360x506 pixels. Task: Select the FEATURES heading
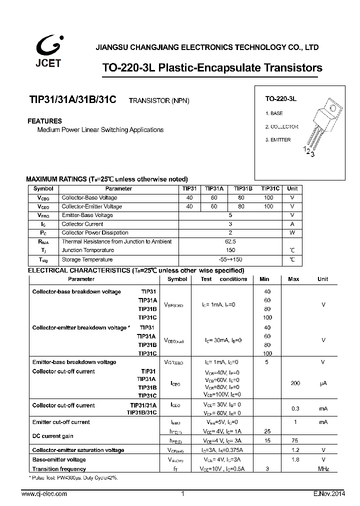[x=45, y=121]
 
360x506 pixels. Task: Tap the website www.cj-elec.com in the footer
[x=44, y=494]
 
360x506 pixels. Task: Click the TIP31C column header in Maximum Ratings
[x=270, y=188]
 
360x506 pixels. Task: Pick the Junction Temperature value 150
[x=230, y=250]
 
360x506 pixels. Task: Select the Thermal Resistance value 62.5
[x=230, y=241]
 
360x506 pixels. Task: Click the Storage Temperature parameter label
[x=87, y=259]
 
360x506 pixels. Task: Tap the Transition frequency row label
[x=59, y=469]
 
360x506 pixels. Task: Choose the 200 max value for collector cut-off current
[x=295, y=383]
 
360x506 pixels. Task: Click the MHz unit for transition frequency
[x=323, y=469]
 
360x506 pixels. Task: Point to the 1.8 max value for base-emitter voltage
[x=295, y=459]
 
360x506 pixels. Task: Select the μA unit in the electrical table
[x=323, y=383]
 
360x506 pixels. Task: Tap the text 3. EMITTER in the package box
[x=277, y=140]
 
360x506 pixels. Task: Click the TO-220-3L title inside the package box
[x=281, y=99]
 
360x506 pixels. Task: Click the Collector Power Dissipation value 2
[x=230, y=232]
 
